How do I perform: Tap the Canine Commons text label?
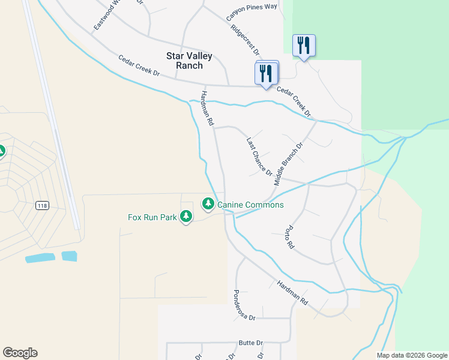pyautogui.click(x=250, y=205)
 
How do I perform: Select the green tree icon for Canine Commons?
pyautogui.click(x=208, y=204)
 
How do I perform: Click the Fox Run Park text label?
pyautogui.click(x=152, y=217)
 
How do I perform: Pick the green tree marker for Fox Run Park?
pyautogui.click(x=186, y=216)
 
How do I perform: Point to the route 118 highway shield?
pyautogui.click(x=41, y=206)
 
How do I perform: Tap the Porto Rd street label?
pyautogui.click(x=290, y=237)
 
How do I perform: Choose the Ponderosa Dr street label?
pyautogui.click(x=244, y=305)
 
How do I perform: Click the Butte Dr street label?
pyautogui.click(x=251, y=343)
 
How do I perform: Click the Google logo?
pyautogui.click(x=20, y=353)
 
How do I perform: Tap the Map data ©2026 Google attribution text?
pyautogui.click(x=412, y=355)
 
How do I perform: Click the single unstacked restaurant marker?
pyautogui.click(x=304, y=46)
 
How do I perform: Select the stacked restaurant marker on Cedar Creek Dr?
pyautogui.click(x=267, y=74)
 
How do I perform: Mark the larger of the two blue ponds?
pyautogui.click(x=40, y=258)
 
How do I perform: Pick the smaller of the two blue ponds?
pyautogui.click(x=69, y=256)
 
